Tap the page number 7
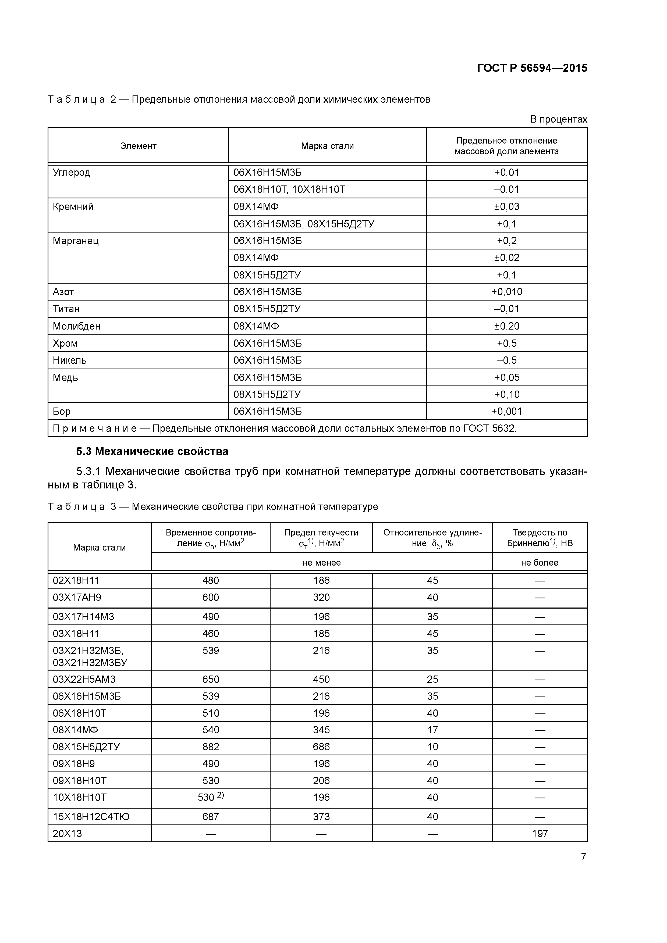point(583,856)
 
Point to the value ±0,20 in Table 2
point(506,326)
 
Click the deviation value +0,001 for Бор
point(506,411)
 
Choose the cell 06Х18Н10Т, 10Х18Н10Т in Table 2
point(289,189)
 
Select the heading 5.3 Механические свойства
point(152,451)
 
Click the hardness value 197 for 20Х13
point(540,833)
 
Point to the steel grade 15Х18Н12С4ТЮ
point(91,816)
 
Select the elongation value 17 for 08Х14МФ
point(432,730)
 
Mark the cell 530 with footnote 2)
point(210,797)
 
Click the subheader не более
point(540,562)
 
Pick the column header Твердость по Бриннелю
point(540,538)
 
